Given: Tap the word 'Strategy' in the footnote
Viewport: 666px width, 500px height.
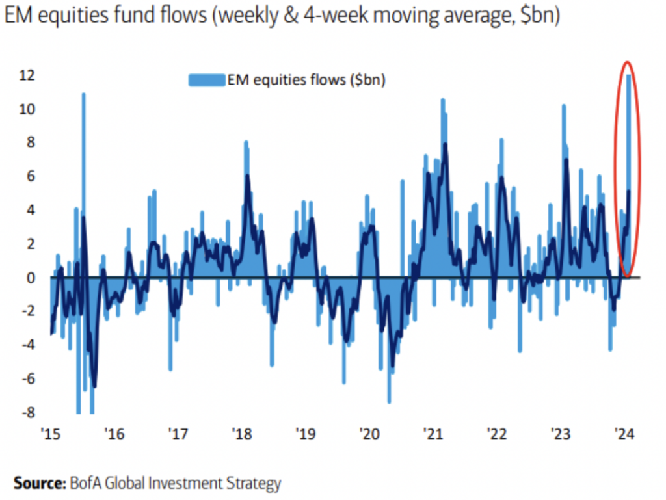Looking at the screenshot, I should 257,484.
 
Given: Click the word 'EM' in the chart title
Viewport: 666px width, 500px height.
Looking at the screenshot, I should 18,18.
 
